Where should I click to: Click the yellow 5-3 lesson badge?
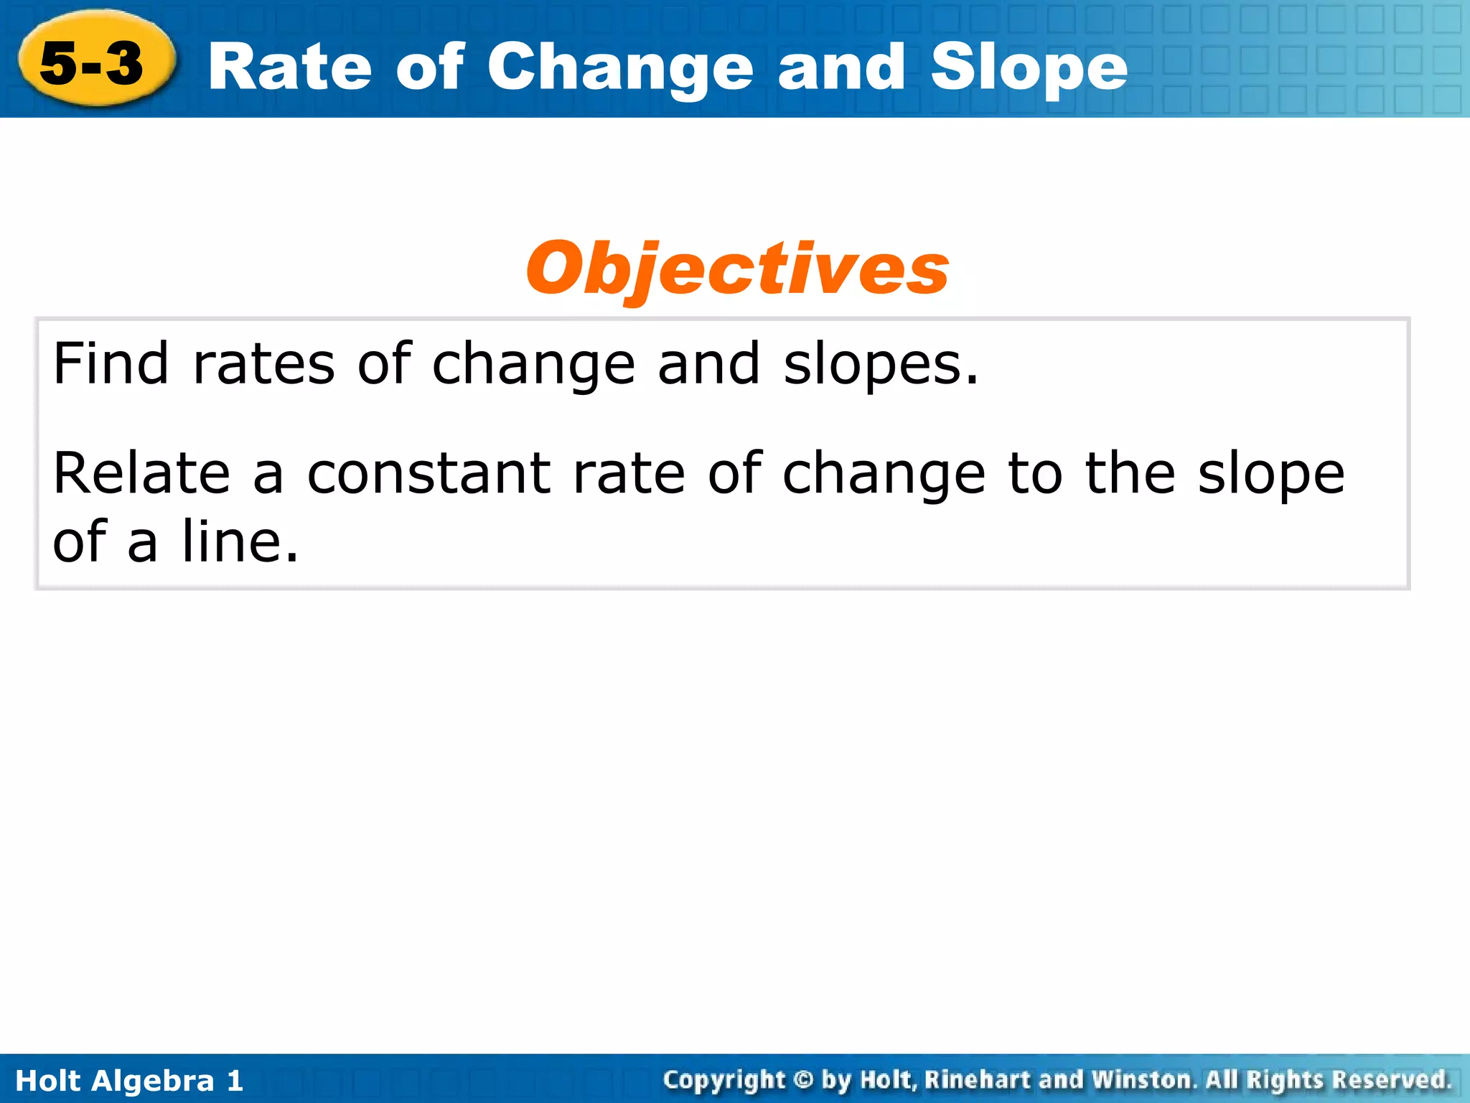(93, 60)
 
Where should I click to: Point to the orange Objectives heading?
(737, 269)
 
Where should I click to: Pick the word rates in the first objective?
(263, 365)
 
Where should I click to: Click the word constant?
(429, 474)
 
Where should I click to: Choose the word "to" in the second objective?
(1034, 474)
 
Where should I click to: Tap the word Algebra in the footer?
(154, 1081)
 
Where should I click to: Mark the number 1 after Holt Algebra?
(235, 1081)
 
